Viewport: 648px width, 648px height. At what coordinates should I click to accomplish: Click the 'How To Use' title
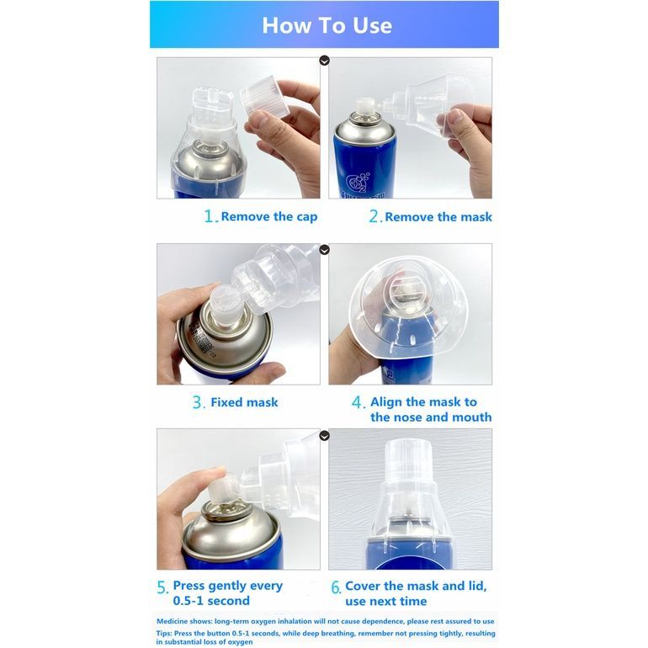click(327, 25)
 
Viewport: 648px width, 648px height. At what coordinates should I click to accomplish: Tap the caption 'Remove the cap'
click(269, 216)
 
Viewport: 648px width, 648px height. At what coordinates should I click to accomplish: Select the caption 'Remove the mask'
click(438, 216)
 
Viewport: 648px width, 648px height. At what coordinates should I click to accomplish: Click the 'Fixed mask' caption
click(244, 402)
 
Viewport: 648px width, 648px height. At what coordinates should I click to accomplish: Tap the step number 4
click(358, 402)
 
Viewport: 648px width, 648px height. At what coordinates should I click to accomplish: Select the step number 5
click(162, 587)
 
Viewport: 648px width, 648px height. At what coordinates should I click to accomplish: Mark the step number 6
click(336, 587)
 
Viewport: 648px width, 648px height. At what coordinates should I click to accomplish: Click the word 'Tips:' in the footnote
click(164, 634)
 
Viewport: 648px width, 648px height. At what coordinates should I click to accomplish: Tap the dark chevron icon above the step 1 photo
click(324, 61)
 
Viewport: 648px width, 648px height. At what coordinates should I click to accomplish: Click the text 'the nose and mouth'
click(431, 417)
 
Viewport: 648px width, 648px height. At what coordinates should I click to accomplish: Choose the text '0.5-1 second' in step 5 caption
click(211, 601)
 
